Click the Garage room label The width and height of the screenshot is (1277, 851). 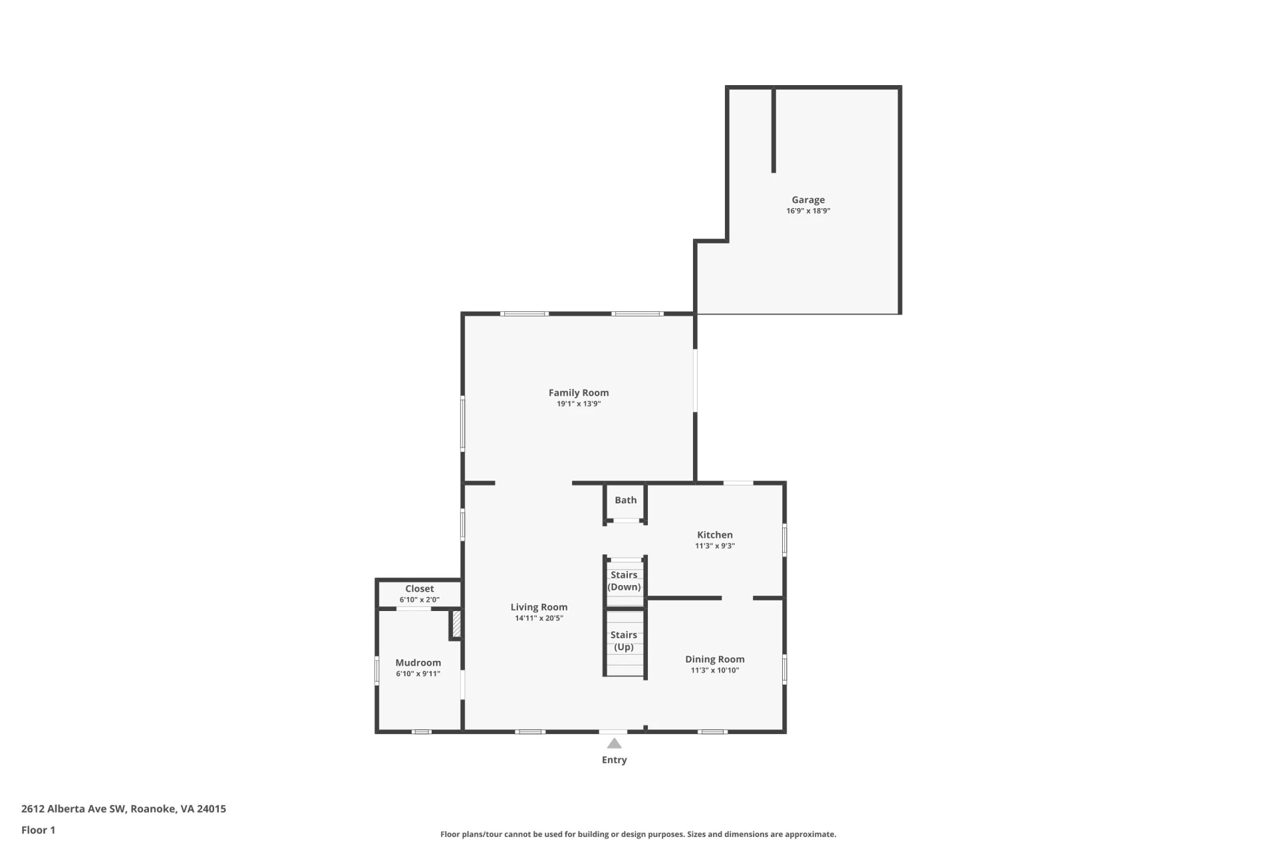(x=808, y=199)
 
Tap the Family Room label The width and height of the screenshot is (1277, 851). (x=579, y=392)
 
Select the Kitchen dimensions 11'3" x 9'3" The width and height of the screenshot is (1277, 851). (x=715, y=546)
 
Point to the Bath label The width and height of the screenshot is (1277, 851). (x=626, y=500)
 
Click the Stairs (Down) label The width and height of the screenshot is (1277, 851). (x=624, y=580)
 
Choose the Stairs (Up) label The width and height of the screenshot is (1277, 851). (x=624, y=641)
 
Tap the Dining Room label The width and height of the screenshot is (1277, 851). (x=715, y=659)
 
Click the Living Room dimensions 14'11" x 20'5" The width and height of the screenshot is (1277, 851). (x=539, y=618)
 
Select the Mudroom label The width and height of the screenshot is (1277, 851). (x=418, y=662)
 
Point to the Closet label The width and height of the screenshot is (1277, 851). (x=420, y=588)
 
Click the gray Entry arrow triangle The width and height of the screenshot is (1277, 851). (x=614, y=743)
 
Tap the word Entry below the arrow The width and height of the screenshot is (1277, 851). (x=615, y=760)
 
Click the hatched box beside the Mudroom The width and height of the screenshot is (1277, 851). (x=457, y=624)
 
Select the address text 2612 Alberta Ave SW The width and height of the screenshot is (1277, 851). (x=73, y=808)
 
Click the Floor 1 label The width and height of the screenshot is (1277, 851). (x=39, y=830)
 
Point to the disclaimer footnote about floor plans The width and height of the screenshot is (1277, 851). (x=638, y=834)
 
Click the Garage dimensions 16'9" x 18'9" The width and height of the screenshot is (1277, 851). (x=808, y=211)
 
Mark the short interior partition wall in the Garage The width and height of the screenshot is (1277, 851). (x=774, y=130)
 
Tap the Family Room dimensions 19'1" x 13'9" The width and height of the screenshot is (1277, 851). (x=579, y=404)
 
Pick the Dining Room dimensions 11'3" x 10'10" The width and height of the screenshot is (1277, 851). (x=715, y=670)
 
